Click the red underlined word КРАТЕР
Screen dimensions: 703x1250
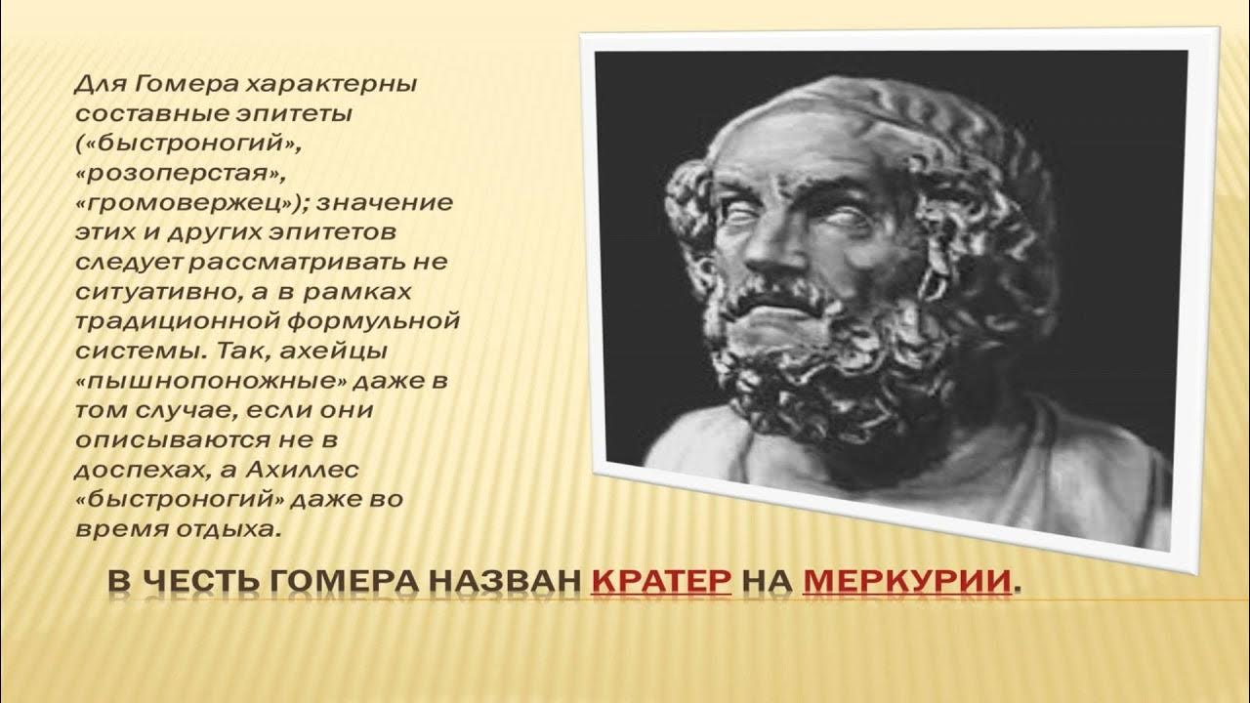(x=661, y=582)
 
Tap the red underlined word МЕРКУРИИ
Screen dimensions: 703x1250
(x=905, y=582)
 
